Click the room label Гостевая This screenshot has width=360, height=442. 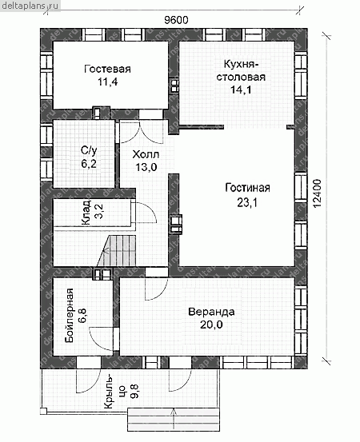[x=107, y=69]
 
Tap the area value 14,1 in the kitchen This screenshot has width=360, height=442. [x=241, y=90]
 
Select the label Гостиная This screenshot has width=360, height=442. [x=247, y=188]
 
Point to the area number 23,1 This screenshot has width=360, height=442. [x=247, y=202]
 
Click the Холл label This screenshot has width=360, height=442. [x=146, y=154]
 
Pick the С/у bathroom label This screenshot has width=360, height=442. [x=89, y=151]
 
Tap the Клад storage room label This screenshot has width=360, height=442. [x=86, y=213]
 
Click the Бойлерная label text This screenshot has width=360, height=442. [x=69, y=316]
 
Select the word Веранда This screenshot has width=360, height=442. [x=211, y=312]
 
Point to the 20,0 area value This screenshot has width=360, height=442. [x=211, y=325]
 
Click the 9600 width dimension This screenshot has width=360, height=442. [x=176, y=20]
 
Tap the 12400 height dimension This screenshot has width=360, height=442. [x=317, y=193]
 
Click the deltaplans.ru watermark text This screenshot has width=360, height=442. [x=30, y=5]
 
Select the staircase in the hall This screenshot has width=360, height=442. [x=117, y=251]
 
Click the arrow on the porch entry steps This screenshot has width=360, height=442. [x=174, y=420]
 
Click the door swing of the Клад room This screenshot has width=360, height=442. [x=146, y=212]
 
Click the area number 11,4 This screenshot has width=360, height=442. [x=108, y=82]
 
